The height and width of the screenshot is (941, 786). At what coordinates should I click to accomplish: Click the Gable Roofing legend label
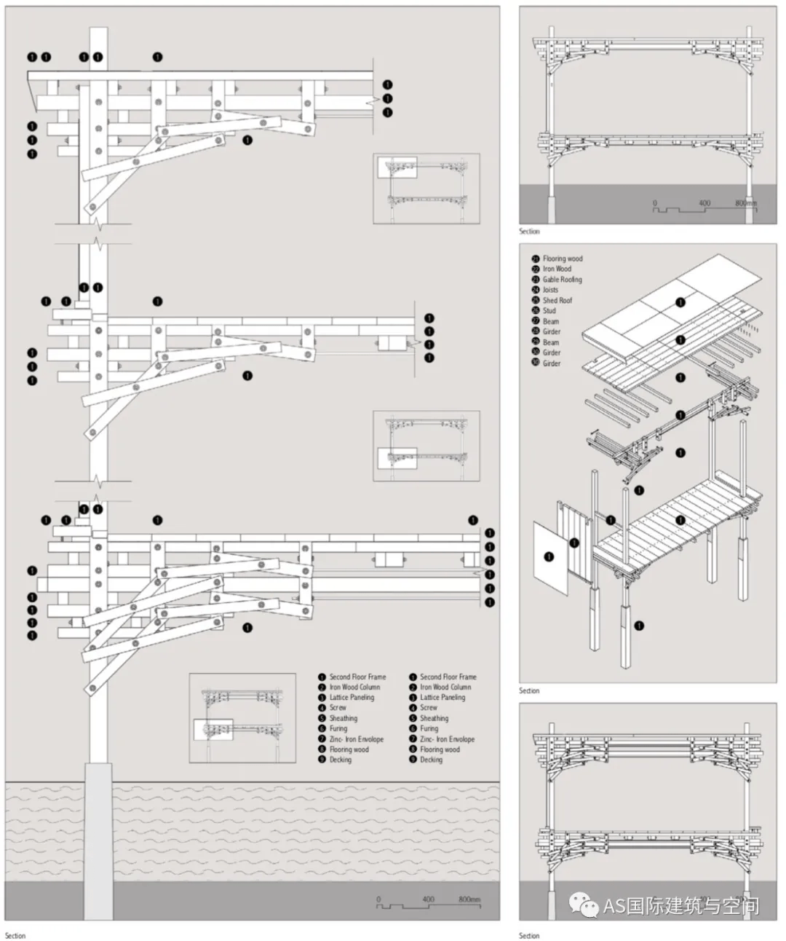pyautogui.click(x=562, y=280)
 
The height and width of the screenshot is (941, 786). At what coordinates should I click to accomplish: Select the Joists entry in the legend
pyautogui.click(x=550, y=290)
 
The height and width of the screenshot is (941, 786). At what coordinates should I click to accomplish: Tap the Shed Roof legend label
pyautogui.click(x=557, y=300)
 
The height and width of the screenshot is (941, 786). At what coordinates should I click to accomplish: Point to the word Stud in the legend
pyautogui.click(x=549, y=311)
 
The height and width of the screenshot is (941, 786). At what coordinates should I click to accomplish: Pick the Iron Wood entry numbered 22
pyautogui.click(x=557, y=269)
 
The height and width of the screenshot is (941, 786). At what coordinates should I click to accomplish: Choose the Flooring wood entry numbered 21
pyautogui.click(x=563, y=259)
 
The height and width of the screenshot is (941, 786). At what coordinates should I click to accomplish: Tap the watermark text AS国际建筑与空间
pyautogui.click(x=681, y=905)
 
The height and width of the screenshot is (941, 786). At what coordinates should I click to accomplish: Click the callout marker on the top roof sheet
pyautogui.click(x=680, y=302)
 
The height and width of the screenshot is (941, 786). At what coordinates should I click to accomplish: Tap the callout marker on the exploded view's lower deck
pyautogui.click(x=680, y=519)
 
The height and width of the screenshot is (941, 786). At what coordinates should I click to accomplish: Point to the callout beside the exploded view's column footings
pyautogui.click(x=640, y=626)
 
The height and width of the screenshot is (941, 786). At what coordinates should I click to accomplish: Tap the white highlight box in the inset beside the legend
pyautogui.click(x=213, y=729)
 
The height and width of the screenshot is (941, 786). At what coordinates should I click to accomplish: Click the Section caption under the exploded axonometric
pyautogui.click(x=529, y=690)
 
